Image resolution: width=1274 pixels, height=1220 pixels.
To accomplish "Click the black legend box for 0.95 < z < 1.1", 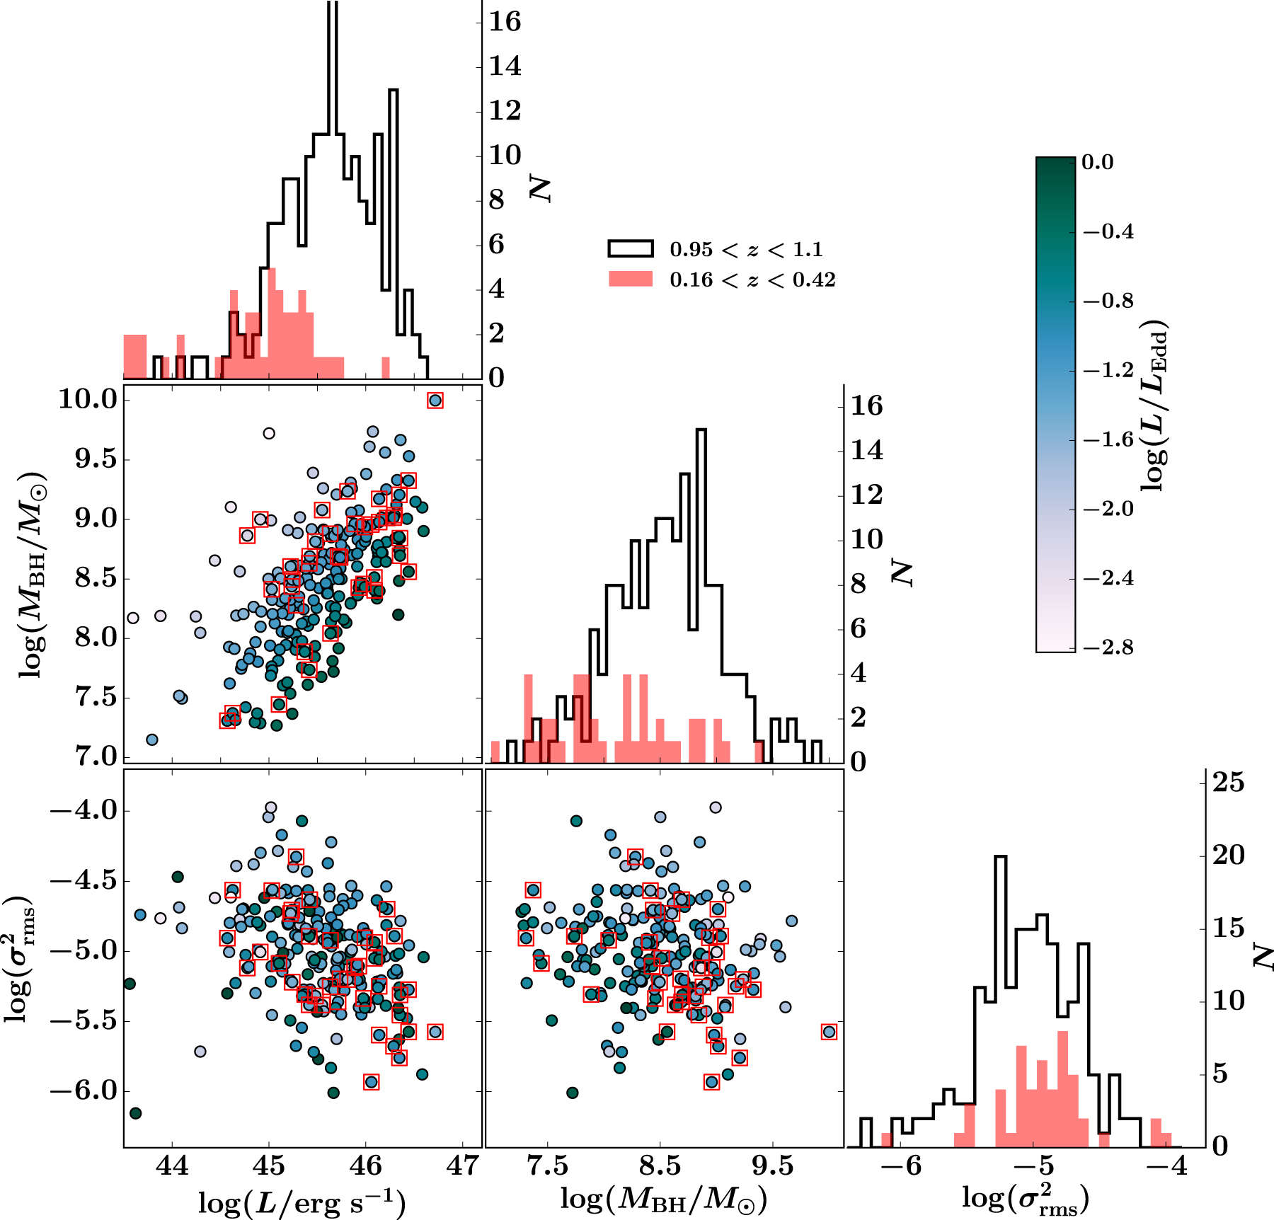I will [x=630, y=248].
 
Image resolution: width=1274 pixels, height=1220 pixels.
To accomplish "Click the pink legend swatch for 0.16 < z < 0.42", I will [x=630, y=279].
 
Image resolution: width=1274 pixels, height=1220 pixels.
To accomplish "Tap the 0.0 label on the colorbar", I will [x=1098, y=162].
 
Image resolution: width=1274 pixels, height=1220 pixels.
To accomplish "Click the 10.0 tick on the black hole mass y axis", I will [x=88, y=400].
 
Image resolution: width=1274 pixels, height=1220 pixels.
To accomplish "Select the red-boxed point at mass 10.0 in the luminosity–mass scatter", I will [x=435, y=401].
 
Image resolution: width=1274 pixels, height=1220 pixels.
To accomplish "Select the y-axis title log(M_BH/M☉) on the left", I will [x=33, y=574].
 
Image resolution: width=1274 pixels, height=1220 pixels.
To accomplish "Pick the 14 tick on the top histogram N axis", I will [x=505, y=66].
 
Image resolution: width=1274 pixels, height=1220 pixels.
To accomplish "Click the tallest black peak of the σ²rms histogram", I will [x=1000, y=858].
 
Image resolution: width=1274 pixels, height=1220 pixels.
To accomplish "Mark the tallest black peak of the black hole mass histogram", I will [x=701, y=430].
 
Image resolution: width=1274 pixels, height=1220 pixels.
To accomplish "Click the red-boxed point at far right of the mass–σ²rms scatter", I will [x=829, y=1032].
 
